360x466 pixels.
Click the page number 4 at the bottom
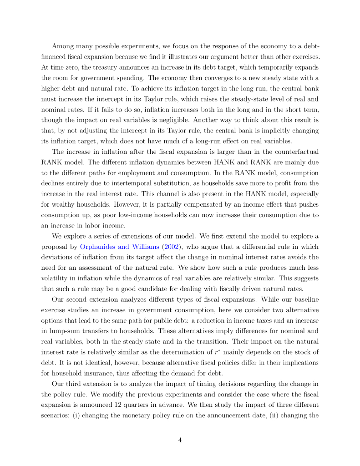(180, 440)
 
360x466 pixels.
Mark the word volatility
(58, 278)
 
